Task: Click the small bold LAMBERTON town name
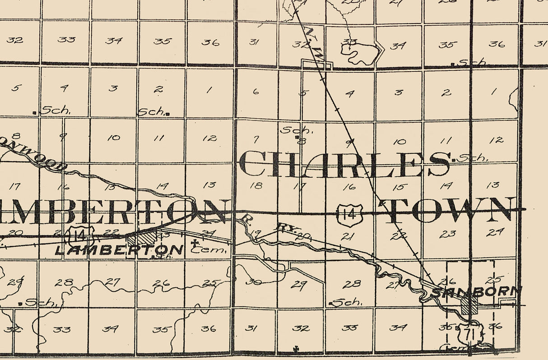pos(119,249)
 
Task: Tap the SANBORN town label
pos(476,292)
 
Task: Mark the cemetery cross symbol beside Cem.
pos(195,243)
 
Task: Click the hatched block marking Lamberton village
pos(142,238)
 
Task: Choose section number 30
pos(255,282)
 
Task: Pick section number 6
pos(256,92)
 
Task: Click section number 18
pos(255,185)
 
